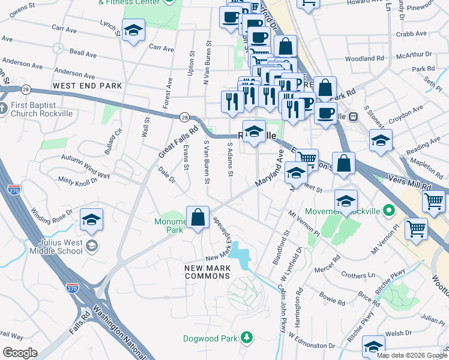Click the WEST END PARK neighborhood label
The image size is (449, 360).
[87, 86]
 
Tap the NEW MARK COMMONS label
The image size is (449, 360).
[207, 271]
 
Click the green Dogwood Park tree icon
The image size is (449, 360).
[246, 338]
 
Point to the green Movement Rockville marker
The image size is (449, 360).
[389, 211]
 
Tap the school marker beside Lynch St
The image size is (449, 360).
[133, 31]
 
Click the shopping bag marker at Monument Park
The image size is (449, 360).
[197, 218]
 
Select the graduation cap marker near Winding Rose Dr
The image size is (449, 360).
[91, 220]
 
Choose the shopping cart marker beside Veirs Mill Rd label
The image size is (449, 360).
[433, 202]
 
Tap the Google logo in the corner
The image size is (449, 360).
[20, 353]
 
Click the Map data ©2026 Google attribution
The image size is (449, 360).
[412, 355]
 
